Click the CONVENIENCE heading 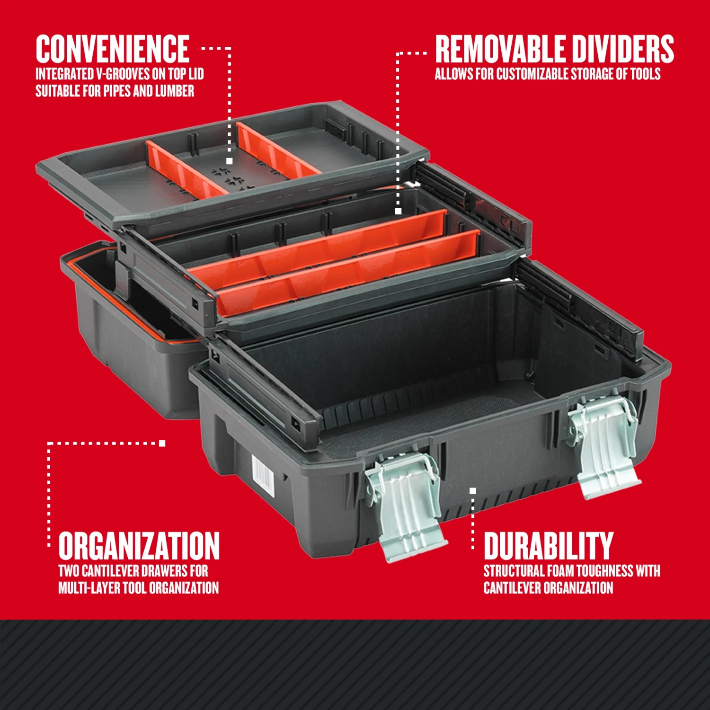tap(113, 49)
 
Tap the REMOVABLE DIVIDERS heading tap(554, 49)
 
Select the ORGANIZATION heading tap(139, 546)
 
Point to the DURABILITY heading tap(548, 546)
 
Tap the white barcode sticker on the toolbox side tap(263, 476)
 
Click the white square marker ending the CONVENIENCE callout tap(230, 161)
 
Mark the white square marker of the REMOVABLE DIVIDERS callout tap(398, 211)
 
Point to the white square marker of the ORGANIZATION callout tap(162, 443)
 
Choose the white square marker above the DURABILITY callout tap(472, 491)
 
